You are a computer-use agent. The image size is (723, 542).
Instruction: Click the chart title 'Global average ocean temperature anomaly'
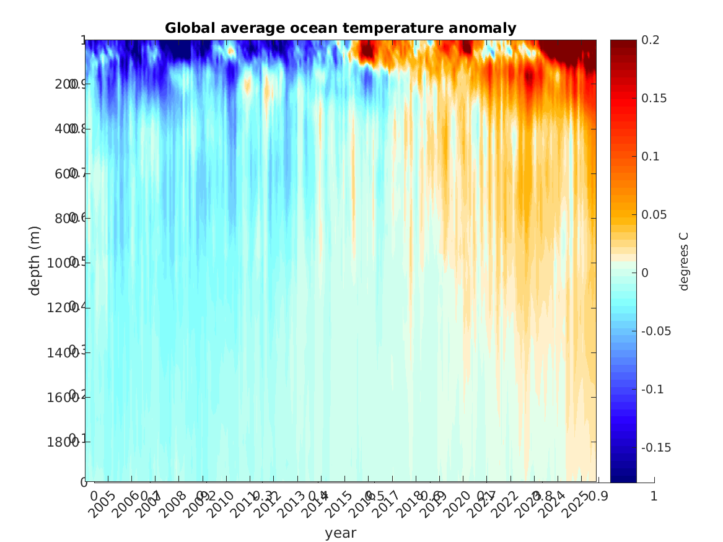[x=340, y=28]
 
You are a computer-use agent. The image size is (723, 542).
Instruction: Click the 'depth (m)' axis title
[x=35, y=260]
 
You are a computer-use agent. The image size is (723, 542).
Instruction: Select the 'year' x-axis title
[x=340, y=533]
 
